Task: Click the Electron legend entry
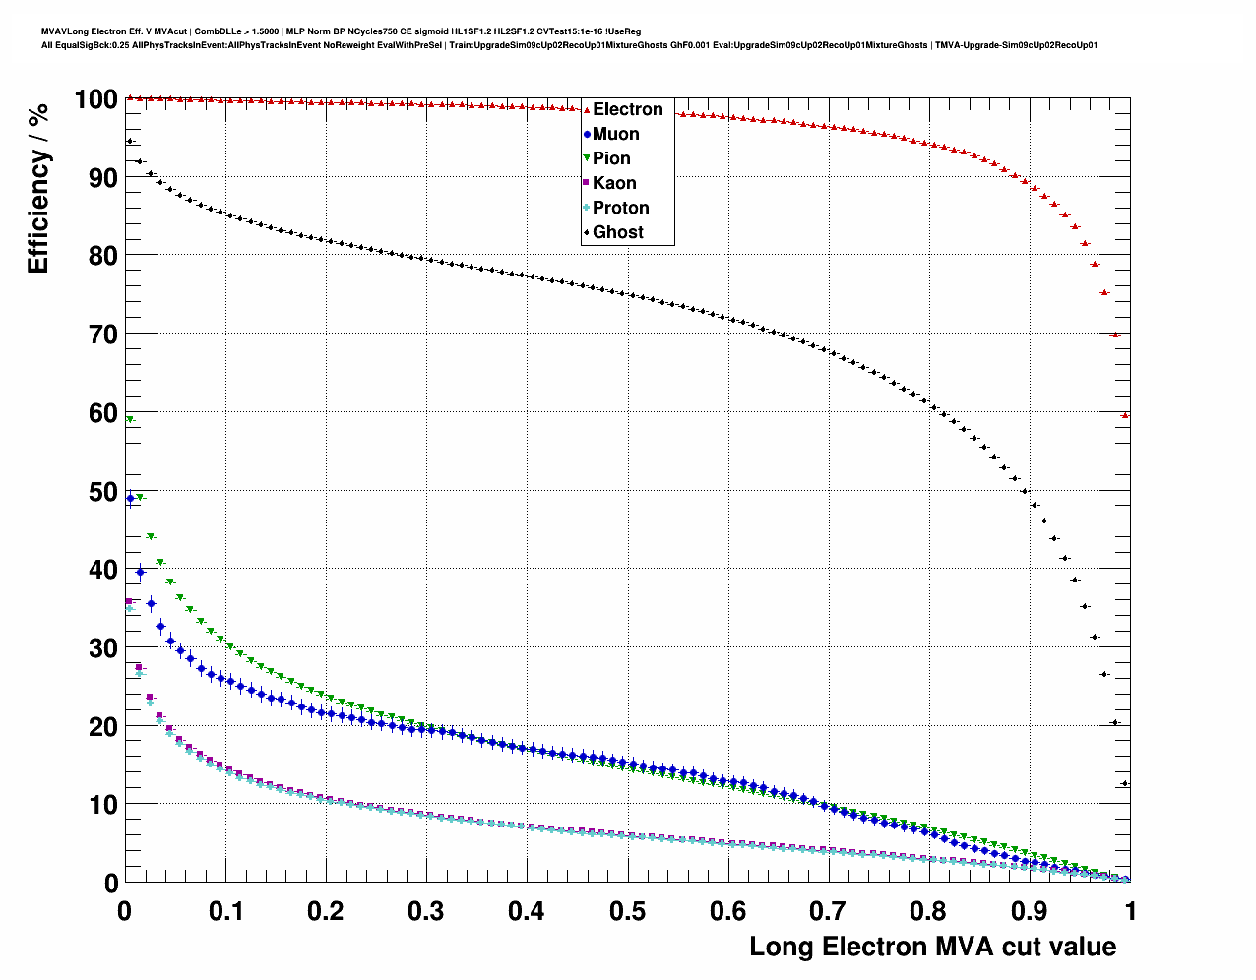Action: point(627,109)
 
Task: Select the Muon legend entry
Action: point(615,134)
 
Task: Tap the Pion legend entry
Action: point(611,158)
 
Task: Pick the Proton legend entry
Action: point(620,208)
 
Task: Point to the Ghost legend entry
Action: point(617,232)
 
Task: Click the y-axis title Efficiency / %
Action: point(37,188)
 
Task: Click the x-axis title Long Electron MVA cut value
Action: point(932,947)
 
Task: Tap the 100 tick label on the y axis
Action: point(95,99)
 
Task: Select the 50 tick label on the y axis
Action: point(102,492)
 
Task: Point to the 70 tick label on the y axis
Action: point(102,335)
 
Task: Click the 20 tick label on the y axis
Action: point(102,727)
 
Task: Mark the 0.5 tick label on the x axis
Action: point(627,911)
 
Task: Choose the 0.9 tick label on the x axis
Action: point(1029,911)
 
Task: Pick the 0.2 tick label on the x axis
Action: point(326,911)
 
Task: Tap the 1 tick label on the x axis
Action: point(1130,911)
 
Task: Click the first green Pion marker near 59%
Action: point(130,420)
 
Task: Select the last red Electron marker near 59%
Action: point(1125,415)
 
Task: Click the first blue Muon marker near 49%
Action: point(130,498)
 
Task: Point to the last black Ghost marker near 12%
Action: point(1125,783)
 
